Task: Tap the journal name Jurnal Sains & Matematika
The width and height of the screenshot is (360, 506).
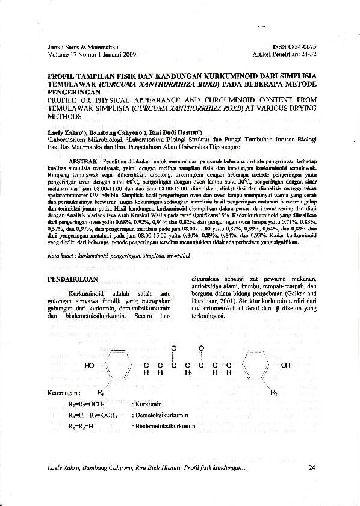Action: tap(82, 46)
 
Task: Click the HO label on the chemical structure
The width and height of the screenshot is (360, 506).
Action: tap(90, 365)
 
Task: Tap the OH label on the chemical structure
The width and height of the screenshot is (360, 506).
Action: tap(285, 365)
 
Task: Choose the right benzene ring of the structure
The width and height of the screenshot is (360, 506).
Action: tap(256, 365)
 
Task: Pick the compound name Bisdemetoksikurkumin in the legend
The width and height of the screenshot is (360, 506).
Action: tap(164, 427)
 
